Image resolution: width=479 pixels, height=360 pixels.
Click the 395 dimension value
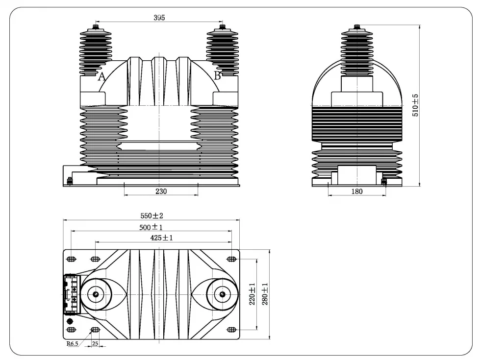click(x=159, y=18)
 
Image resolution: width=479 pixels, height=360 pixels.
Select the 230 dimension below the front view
click(x=161, y=192)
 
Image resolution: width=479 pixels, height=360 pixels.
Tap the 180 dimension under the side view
click(x=357, y=192)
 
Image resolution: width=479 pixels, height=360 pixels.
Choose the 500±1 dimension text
click(x=151, y=227)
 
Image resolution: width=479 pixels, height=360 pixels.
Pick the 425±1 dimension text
click(x=162, y=238)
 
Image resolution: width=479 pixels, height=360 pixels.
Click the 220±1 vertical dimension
click(x=252, y=294)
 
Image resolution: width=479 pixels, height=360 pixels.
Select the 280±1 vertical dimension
click(x=265, y=294)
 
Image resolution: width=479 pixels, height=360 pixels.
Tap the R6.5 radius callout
click(x=73, y=344)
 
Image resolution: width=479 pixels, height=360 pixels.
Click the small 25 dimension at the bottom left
click(x=95, y=344)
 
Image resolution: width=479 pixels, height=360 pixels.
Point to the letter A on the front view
click(x=102, y=76)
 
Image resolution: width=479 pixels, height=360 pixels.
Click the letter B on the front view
click(x=217, y=75)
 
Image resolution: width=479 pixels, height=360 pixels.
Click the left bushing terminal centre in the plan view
click(x=96, y=294)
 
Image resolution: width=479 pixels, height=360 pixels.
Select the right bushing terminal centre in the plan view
click(x=223, y=294)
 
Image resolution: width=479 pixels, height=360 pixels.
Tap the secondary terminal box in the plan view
click(x=72, y=294)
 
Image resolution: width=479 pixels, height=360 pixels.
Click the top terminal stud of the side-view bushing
click(x=357, y=26)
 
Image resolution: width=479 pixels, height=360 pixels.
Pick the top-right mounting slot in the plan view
click(x=231, y=259)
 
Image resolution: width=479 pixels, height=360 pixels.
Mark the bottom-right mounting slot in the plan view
click(x=231, y=329)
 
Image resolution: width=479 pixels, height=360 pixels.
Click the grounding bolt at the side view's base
click(x=383, y=182)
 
